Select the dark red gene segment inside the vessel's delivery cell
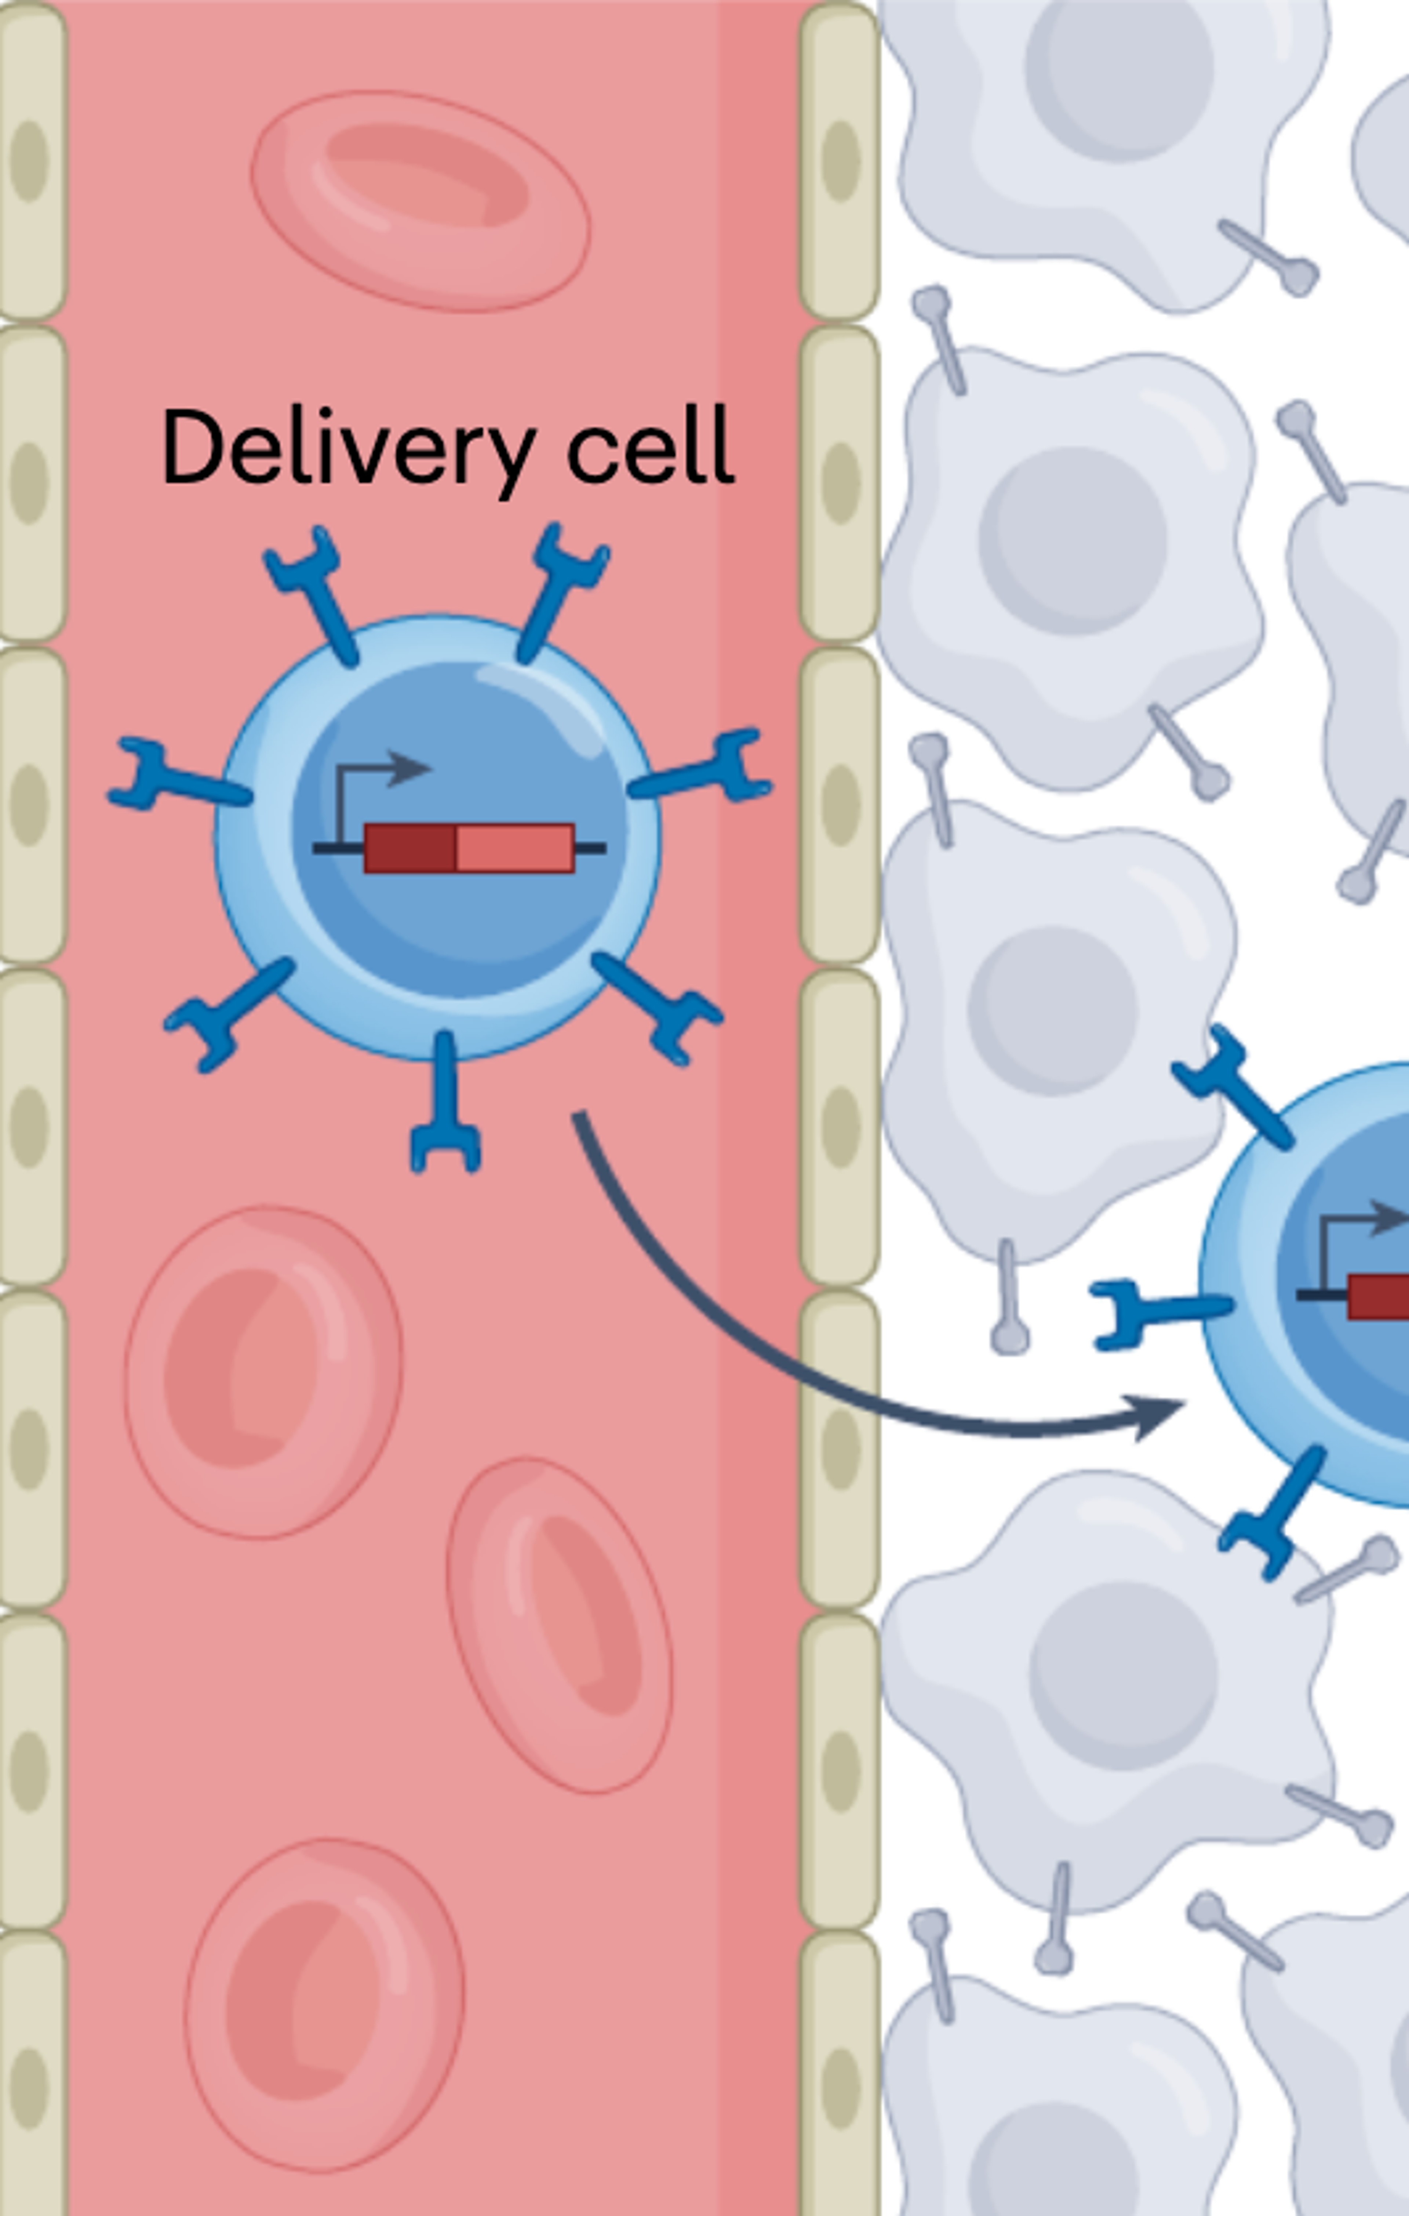(411, 848)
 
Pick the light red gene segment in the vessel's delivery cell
(514, 848)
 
